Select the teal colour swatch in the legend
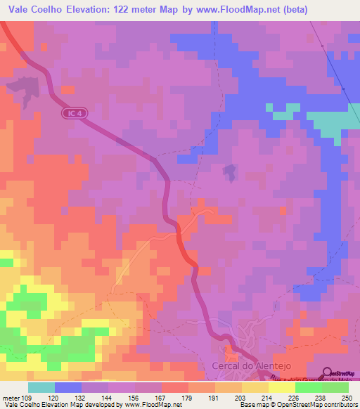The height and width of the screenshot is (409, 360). click(x=41, y=387)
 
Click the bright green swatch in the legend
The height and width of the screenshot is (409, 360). click(x=308, y=387)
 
